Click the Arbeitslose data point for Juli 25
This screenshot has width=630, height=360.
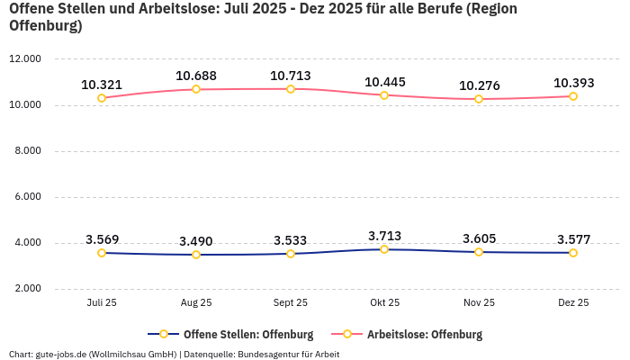(x=102, y=98)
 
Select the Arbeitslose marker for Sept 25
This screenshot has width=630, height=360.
(x=291, y=89)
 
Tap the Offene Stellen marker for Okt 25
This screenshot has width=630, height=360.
(x=384, y=249)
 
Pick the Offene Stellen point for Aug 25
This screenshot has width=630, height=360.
(x=196, y=255)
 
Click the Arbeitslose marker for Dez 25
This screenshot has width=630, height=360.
(x=573, y=96)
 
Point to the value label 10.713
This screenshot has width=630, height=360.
(x=291, y=76)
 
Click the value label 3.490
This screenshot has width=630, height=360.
(x=196, y=241)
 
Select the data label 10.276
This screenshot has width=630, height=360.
(x=479, y=85)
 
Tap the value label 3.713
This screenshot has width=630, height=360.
(x=384, y=236)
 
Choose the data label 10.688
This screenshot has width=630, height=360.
(x=196, y=76)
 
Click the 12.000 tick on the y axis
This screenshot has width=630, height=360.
(x=25, y=58)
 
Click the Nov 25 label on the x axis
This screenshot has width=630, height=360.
(x=479, y=303)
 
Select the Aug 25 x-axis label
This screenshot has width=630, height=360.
(x=196, y=303)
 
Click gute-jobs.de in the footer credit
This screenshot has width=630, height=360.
(x=60, y=355)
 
